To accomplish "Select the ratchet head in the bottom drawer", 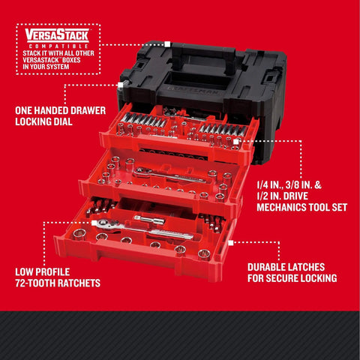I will point(103,223).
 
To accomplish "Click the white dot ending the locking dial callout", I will point(119,85).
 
